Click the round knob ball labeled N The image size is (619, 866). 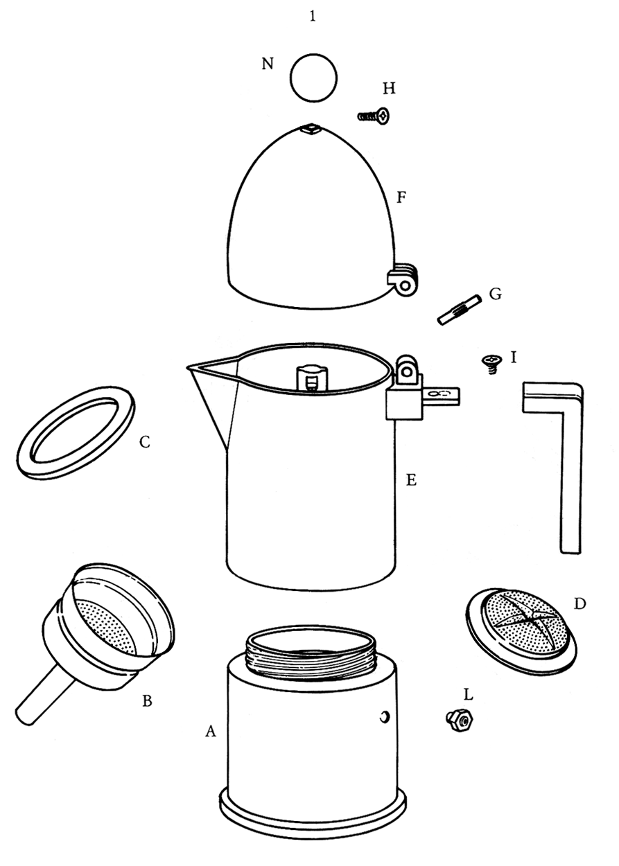click(x=313, y=78)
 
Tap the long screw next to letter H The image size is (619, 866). click(x=373, y=115)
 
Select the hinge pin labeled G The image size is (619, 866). click(x=459, y=310)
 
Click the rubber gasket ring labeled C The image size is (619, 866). click(x=76, y=432)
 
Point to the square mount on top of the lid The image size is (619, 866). click(x=311, y=128)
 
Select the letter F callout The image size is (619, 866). click(x=401, y=198)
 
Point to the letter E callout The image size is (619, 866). click(x=411, y=480)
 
